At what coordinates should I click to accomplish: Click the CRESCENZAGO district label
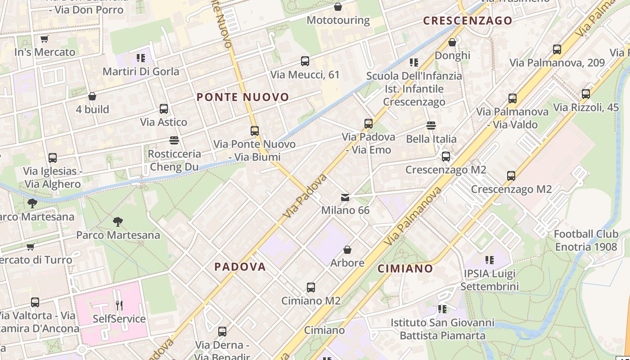tap(468, 21)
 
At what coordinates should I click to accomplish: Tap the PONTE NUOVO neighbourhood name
tap(243, 97)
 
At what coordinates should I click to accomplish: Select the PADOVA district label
tap(240, 267)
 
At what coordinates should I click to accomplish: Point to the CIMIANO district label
tap(405, 269)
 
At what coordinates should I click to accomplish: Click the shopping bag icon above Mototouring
tap(338, 7)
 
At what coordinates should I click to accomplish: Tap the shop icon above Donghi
tap(452, 42)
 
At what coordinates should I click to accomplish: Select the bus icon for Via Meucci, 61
tap(305, 61)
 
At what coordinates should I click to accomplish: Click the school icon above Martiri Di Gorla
tap(141, 58)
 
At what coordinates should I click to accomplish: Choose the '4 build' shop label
tap(92, 109)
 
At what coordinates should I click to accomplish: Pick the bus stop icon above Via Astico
tap(164, 109)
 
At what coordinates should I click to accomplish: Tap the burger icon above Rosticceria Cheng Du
tap(174, 140)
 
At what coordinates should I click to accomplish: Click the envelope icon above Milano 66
tap(345, 197)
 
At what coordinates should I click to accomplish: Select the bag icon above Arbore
tap(347, 249)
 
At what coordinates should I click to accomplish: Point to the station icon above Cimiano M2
tap(311, 288)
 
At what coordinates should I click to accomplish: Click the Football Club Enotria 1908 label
tap(586, 240)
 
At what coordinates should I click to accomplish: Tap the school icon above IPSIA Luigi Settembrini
tap(490, 260)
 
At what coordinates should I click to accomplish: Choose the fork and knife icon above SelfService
tap(119, 306)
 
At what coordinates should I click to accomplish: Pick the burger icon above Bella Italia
tap(431, 126)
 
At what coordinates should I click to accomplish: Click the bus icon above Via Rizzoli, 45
tap(586, 94)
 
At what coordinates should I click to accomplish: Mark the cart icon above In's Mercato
tap(45, 39)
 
